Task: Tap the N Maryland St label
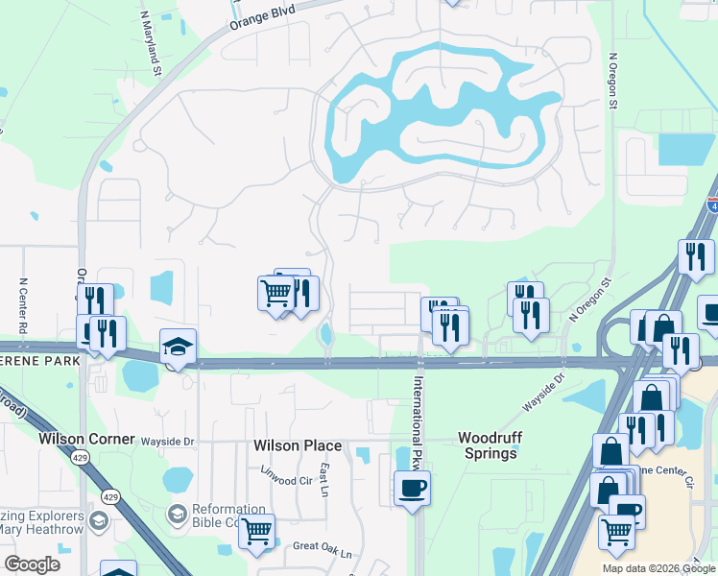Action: pos(150,42)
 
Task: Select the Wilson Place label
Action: pos(298,445)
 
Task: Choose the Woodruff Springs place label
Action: pos(489,444)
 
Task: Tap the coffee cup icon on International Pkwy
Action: pos(412,488)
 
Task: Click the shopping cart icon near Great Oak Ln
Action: pos(256,530)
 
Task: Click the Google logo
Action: pos(33,564)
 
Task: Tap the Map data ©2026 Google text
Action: pos(658,568)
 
